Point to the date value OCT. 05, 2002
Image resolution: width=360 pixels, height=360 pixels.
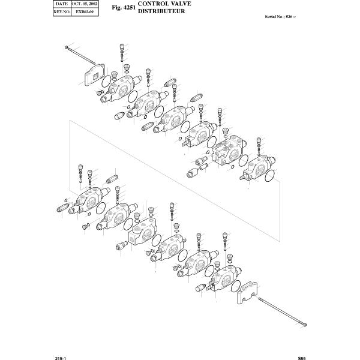pos(85,4)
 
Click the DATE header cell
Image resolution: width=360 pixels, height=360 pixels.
pos(61,4)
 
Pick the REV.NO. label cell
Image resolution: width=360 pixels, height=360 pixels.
pos(61,11)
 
